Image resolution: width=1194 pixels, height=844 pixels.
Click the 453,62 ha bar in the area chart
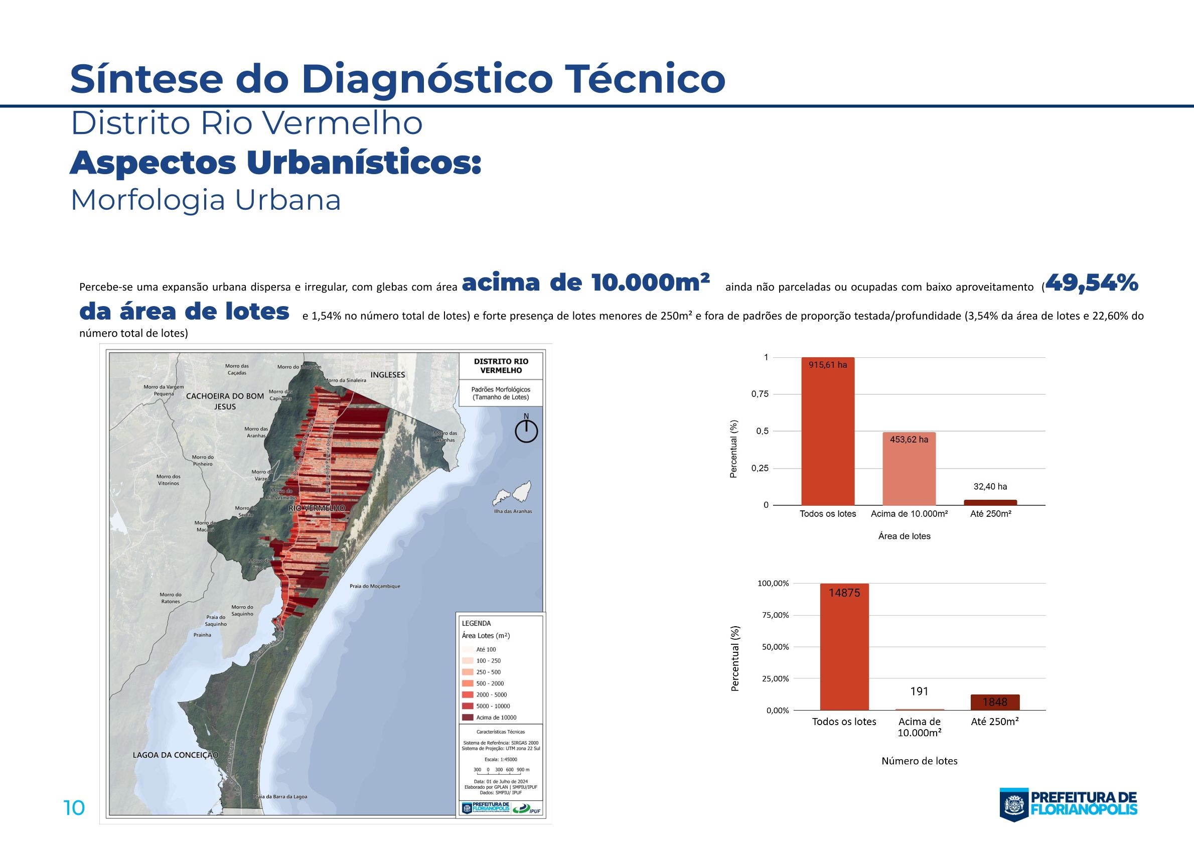pos(909,469)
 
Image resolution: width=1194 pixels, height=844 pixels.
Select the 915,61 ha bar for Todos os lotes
pos(827,432)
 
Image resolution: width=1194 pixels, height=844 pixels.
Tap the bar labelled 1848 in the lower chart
pos(995,702)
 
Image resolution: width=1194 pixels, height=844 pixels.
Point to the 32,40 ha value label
pos(990,487)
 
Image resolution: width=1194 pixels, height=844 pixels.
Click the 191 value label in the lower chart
pos(920,691)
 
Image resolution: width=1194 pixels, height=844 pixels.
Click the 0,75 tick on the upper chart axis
pos(760,395)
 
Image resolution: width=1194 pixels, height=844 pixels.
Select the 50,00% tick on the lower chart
pos(773,647)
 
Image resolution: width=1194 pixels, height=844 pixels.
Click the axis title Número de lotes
pos(920,761)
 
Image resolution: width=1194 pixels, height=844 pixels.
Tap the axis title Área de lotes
pos(905,536)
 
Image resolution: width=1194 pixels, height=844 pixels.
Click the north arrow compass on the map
pos(526,431)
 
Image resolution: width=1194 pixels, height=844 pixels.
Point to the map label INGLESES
pos(387,375)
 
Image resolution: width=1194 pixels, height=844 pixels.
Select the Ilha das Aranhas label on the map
pos(513,511)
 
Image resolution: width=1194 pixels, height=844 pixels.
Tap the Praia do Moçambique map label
pos(374,586)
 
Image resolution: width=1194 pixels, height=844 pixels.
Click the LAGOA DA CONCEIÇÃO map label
pos(176,755)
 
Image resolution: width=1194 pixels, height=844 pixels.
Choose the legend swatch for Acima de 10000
pos(468,718)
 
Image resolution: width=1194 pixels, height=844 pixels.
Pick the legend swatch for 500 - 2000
pos(468,683)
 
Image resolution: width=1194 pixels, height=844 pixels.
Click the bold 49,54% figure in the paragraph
pos(1091,284)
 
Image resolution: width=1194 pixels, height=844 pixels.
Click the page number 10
pos(74,808)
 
